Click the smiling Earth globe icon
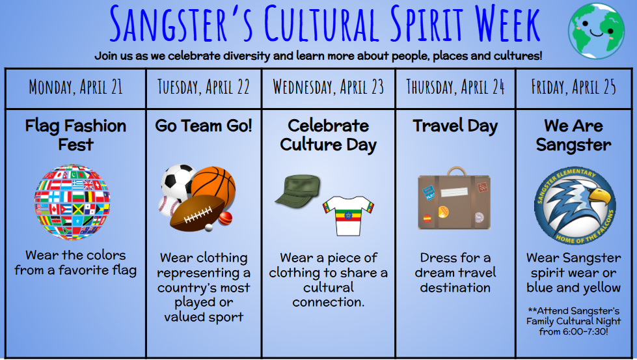pos(597,31)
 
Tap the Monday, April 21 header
pos(75,87)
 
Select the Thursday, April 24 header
pos(455,87)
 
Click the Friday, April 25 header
pos(574,87)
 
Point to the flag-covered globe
pos(72,202)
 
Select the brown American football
pos(197,213)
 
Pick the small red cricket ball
pos(226,218)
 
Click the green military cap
pos(299,189)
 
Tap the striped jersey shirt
pos(349,215)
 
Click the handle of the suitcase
pos(457,171)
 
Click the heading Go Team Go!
pos(204,126)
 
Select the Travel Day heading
pos(455,126)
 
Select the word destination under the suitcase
pos(455,288)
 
